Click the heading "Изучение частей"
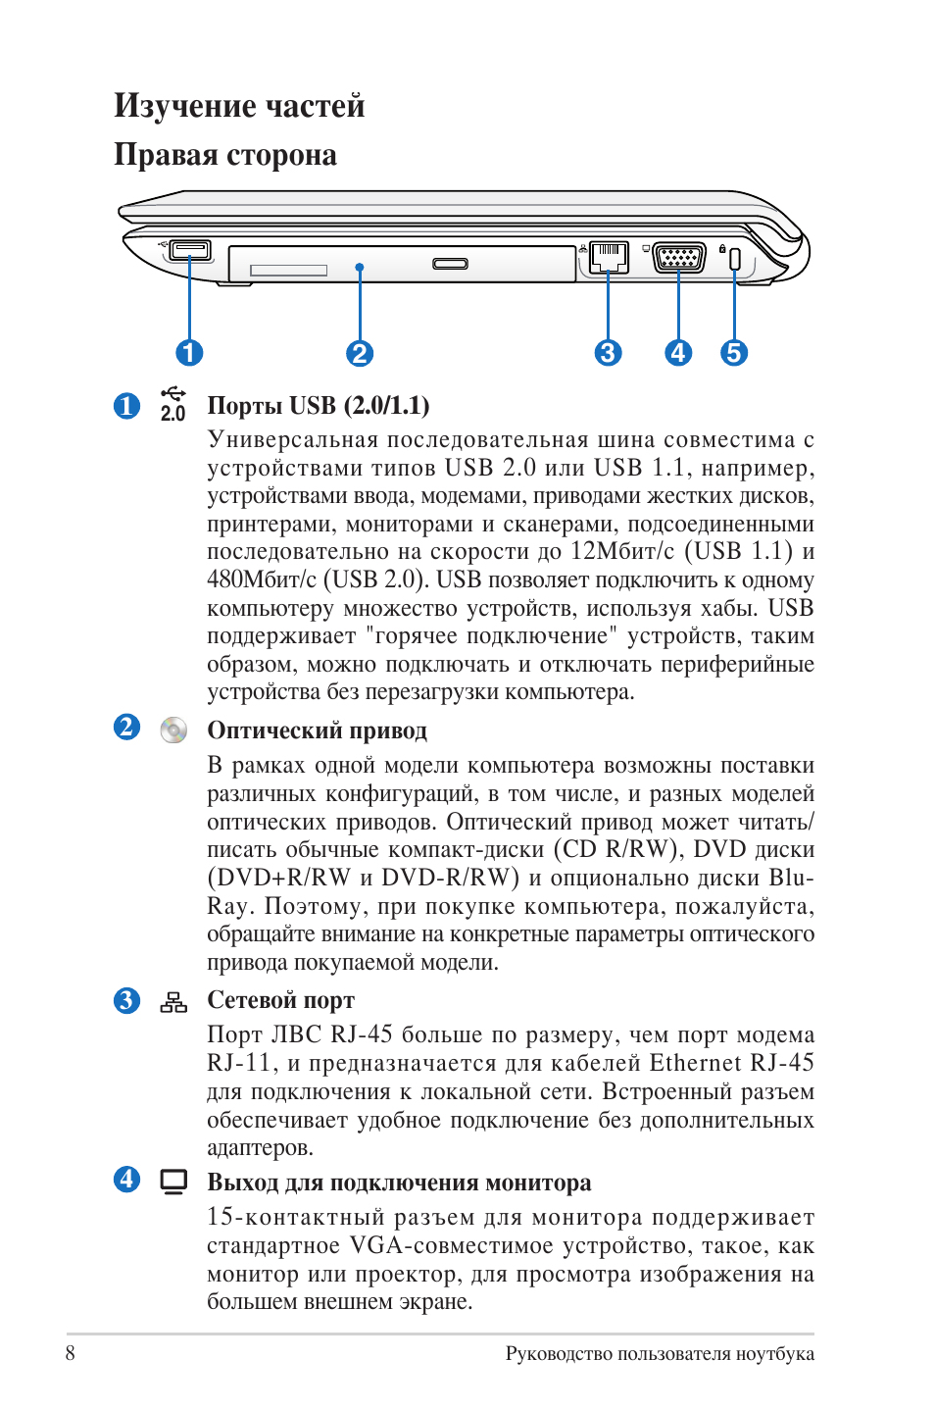(x=239, y=106)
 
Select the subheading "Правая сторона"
(x=225, y=155)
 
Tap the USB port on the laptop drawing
(x=189, y=250)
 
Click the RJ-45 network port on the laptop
(x=608, y=257)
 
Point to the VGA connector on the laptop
(x=679, y=258)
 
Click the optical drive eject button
(x=451, y=264)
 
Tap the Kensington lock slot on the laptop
(x=735, y=260)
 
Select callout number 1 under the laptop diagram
(x=189, y=353)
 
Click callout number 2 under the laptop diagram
(x=360, y=353)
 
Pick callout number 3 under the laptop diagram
(x=608, y=353)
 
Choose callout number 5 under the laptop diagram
(x=734, y=353)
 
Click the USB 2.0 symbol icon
(x=173, y=404)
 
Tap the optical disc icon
(x=173, y=730)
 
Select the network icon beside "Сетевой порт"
(x=173, y=1002)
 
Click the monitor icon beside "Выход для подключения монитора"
(x=173, y=1182)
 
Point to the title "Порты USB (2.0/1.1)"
(x=319, y=406)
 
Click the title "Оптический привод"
(x=317, y=730)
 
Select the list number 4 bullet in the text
(x=126, y=1179)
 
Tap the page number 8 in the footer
(x=71, y=1353)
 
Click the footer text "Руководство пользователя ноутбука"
(x=660, y=1354)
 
